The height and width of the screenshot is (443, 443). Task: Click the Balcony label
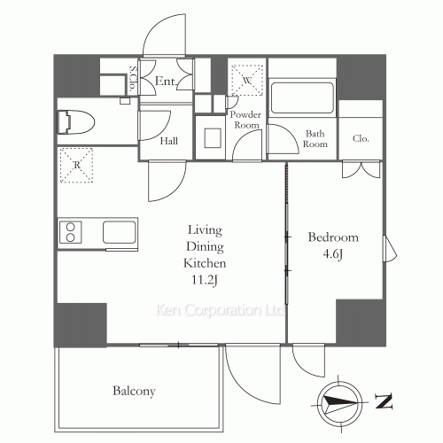[x=134, y=391]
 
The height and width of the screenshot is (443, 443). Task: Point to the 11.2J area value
[x=206, y=281]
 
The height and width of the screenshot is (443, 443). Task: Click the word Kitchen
[x=206, y=263]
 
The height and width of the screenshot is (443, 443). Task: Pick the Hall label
[x=170, y=141]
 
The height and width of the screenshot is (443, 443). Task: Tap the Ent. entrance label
[x=166, y=82]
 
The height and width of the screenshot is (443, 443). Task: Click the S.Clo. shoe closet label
[x=132, y=81]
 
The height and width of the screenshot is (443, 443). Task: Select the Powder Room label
[x=245, y=120]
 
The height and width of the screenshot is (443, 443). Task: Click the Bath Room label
[x=316, y=139]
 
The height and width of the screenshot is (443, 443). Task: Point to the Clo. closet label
[x=361, y=139]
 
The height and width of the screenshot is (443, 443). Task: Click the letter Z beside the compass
[x=383, y=402]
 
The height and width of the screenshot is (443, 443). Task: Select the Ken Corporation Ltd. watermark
[x=220, y=311]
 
